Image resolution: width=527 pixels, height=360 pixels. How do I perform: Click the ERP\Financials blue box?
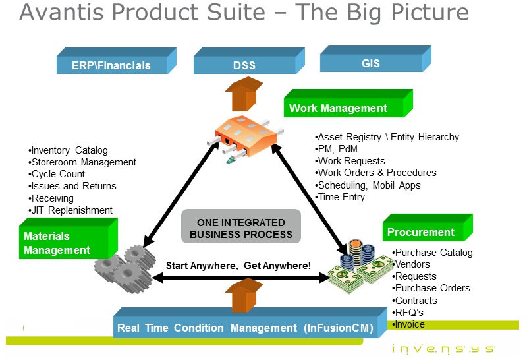pyautogui.click(x=111, y=65)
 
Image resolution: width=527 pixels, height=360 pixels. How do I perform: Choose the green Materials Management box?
pyautogui.click(x=63, y=243)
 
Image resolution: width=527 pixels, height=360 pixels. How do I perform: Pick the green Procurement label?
pyautogui.click(x=422, y=231)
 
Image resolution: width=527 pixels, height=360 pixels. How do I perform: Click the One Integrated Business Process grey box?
pyautogui.click(x=240, y=229)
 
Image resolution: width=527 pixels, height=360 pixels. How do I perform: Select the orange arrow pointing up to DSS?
pyautogui.click(x=244, y=92)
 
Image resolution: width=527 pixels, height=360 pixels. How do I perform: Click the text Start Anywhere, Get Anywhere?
pyautogui.click(x=238, y=266)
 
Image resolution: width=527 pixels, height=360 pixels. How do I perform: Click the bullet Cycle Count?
pyautogui.click(x=59, y=174)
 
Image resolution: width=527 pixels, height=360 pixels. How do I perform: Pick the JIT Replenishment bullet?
pyautogui.click(x=72, y=210)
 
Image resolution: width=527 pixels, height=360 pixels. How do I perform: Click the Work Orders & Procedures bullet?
pyautogui.click(x=377, y=173)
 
